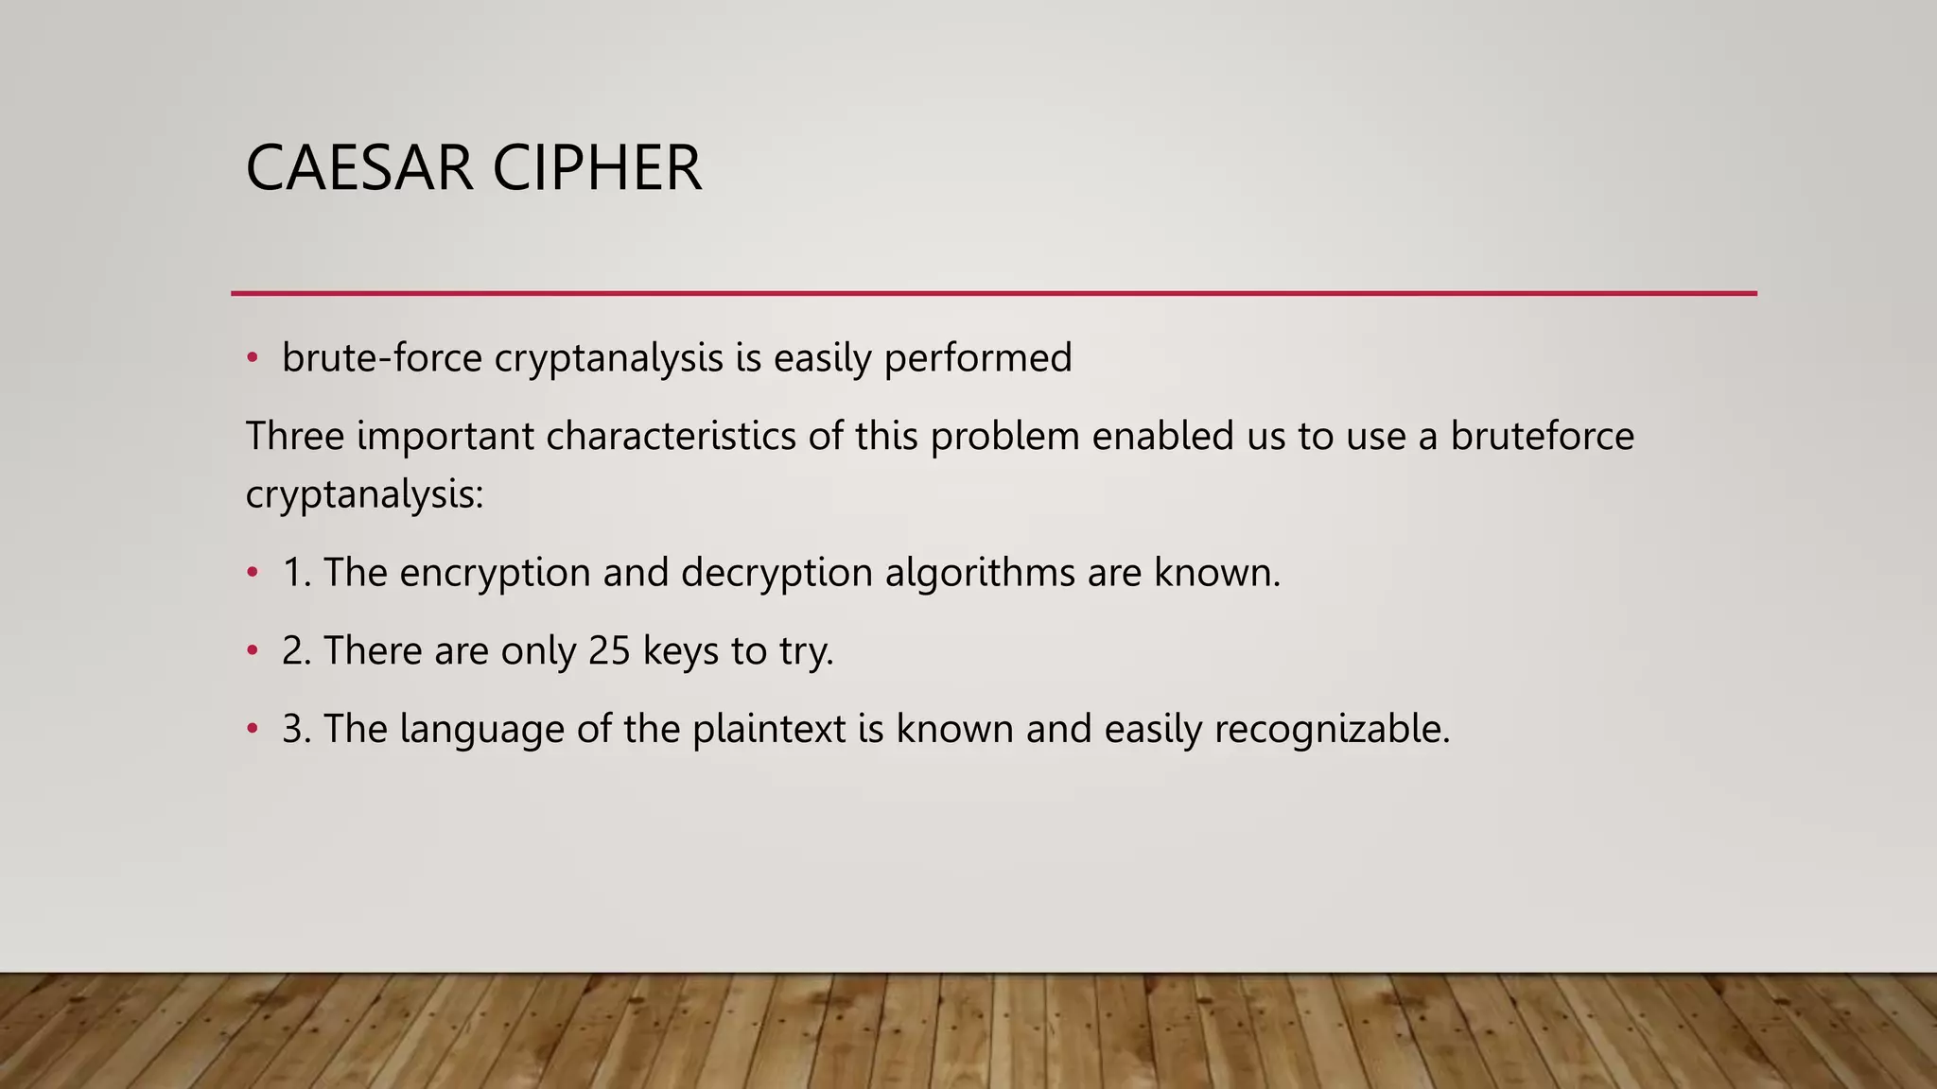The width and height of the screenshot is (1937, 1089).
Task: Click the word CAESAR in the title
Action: pyautogui.click(x=358, y=169)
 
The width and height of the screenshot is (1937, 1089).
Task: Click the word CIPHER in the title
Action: pyautogui.click(x=597, y=169)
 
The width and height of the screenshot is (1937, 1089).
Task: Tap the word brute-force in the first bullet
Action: pyautogui.click(x=382, y=358)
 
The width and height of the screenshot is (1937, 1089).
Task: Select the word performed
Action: pyautogui.click(x=978, y=358)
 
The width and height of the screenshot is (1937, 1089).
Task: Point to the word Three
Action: pyautogui.click(x=294, y=437)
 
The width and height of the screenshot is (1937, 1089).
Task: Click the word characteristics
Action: pyautogui.click(x=671, y=437)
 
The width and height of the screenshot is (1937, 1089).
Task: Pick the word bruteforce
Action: pyautogui.click(x=1542, y=437)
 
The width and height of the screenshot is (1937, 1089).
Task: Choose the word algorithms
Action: pyautogui.click(x=980, y=573)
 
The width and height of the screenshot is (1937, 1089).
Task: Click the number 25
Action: pyautogui.click(x=609, y=651)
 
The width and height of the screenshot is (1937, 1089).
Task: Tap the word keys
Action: pyautogui.click(x=681, y=651)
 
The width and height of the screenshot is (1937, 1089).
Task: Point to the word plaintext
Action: pyautogui.click(x=769, y=730)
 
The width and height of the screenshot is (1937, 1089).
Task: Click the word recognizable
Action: pyautogui.click(x=1332, y=730)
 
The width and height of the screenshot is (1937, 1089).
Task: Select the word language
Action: pyautogui.click(x=482, y=730)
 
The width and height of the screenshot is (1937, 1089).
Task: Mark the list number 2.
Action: pyautogui.click(x=296, y=651)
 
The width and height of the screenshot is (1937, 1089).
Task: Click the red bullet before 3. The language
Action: pyautogui.click(x=252, y=729)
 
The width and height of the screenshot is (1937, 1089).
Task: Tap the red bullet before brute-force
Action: pyautogui.click(x=252, y=358)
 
